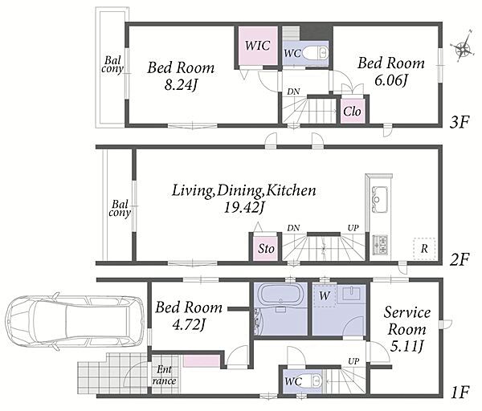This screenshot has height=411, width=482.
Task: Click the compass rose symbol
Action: click(x=463, y=47)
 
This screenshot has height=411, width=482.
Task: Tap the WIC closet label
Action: click(x=257, y=46)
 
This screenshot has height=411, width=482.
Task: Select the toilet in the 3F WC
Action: click(x=316, y=53)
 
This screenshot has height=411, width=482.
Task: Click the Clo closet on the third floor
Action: click(x=353, y=111)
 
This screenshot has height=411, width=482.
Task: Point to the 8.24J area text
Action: click(x=181, y=85)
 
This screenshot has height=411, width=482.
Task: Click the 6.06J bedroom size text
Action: click(x=391, y=80)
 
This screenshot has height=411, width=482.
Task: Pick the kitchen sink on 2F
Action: click(x=379, y=199)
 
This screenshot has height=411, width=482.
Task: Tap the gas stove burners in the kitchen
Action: click(x=380, y=245)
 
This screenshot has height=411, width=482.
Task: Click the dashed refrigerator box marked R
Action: click(x=424, y=249)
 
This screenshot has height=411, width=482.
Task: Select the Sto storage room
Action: click(x=266, y=248)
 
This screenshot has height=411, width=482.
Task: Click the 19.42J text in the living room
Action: click(x=243, y=208)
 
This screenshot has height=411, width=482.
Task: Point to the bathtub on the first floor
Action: click(x=280, y=294)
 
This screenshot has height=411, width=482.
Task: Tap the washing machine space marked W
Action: click(x=325, y=296)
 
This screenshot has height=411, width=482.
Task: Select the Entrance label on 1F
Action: click(x=164, y=375)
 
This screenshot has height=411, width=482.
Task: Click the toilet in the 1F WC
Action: click(x=312, y=380)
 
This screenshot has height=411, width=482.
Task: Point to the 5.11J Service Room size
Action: click(x=407, y=346)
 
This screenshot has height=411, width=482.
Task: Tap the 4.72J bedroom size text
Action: click(x=189, y=324)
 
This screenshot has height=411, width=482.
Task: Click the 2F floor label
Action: click(x=460, y=259)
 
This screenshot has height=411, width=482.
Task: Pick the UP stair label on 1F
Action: click(x=353, y=361)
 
